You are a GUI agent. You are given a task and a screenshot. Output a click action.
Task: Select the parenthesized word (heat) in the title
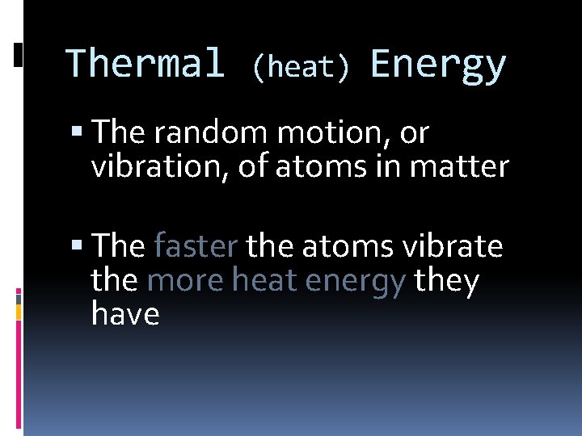pyautogui.click(x=301, y=68)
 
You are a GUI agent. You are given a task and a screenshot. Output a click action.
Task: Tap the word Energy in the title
pyautogui.click(x=438, y=65)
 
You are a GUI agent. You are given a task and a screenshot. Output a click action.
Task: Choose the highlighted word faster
pyautogui.click(x=195, y=245)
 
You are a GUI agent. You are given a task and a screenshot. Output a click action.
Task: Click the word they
pyautogui.click(x=446, y=281)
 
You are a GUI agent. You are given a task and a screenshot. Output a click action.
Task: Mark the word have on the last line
pyautogui.click(x=125, y=313)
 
